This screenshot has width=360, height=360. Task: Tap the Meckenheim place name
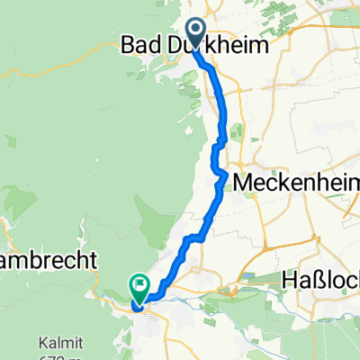(295, 182)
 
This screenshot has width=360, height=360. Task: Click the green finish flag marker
(140, 287)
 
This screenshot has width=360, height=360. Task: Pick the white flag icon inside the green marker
(140, 286)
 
